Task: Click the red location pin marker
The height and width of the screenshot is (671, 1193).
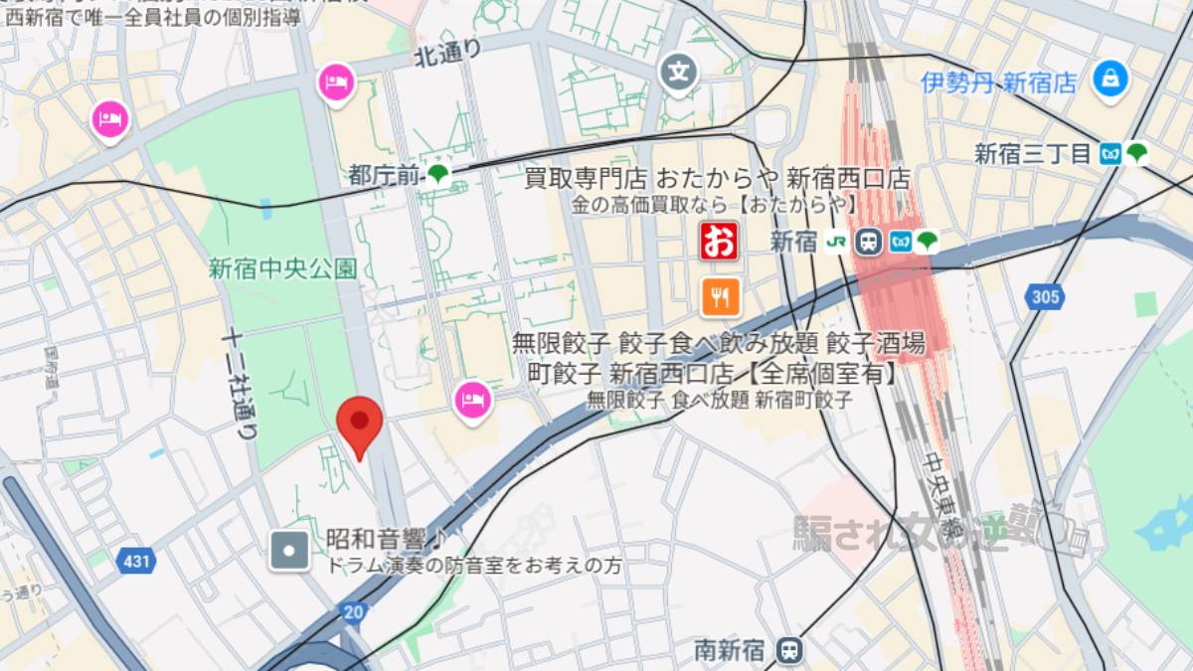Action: tap(360, 425)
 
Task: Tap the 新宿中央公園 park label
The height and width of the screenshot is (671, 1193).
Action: tap(282, 268)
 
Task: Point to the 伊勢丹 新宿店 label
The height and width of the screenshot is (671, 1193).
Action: tap(997, 83)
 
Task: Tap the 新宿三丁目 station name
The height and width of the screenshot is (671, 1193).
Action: tap(1033, 154)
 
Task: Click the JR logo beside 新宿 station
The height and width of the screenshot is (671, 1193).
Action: tap(837, 242)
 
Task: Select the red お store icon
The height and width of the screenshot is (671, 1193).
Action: tap(720, 241)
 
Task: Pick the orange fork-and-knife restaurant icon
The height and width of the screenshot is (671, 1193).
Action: tap(720, 296)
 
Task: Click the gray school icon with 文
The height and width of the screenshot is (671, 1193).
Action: tap(680, 72)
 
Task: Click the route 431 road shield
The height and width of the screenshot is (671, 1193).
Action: tap(137, 562)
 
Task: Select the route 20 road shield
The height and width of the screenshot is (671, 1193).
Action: tap(351, 611)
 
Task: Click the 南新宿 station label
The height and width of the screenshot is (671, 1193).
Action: tap(730, 651)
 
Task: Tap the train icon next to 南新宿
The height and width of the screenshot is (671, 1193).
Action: tap(789, 650)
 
